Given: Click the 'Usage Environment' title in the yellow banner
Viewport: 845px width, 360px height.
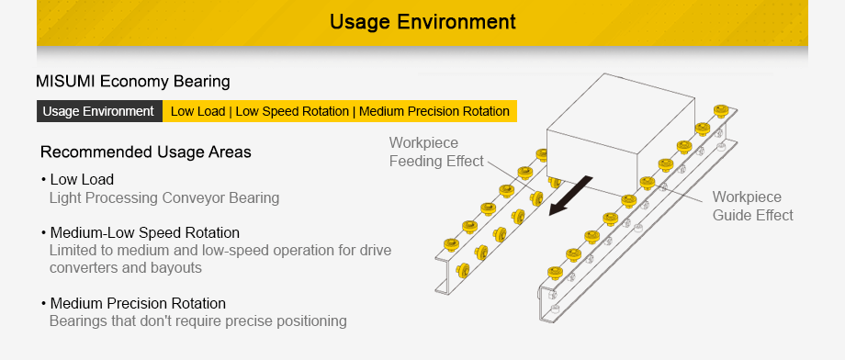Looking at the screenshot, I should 422,21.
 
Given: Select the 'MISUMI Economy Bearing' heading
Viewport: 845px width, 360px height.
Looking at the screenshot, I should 132,82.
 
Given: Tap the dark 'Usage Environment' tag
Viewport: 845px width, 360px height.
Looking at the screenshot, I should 98,111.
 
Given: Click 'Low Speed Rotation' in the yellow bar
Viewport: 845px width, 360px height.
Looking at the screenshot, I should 291,111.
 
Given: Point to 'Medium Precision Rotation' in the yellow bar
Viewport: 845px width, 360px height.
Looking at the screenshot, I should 434,111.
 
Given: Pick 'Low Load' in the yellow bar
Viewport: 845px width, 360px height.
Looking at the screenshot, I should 197,111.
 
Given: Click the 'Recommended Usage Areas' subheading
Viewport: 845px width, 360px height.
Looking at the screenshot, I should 145,152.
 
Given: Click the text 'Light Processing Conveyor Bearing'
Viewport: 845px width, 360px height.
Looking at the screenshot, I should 163,197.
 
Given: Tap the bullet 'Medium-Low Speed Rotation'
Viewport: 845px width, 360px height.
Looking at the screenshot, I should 144,232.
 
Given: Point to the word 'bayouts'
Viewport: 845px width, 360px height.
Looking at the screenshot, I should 177,268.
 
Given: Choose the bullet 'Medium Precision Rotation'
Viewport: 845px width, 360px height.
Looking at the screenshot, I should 138,303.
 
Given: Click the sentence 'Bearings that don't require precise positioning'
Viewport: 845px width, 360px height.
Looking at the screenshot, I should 197,321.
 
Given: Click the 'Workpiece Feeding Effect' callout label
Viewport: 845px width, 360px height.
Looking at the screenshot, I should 435,152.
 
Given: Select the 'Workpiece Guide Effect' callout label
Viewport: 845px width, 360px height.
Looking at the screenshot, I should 752,207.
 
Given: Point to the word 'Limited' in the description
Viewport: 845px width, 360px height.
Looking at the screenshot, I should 73,251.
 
